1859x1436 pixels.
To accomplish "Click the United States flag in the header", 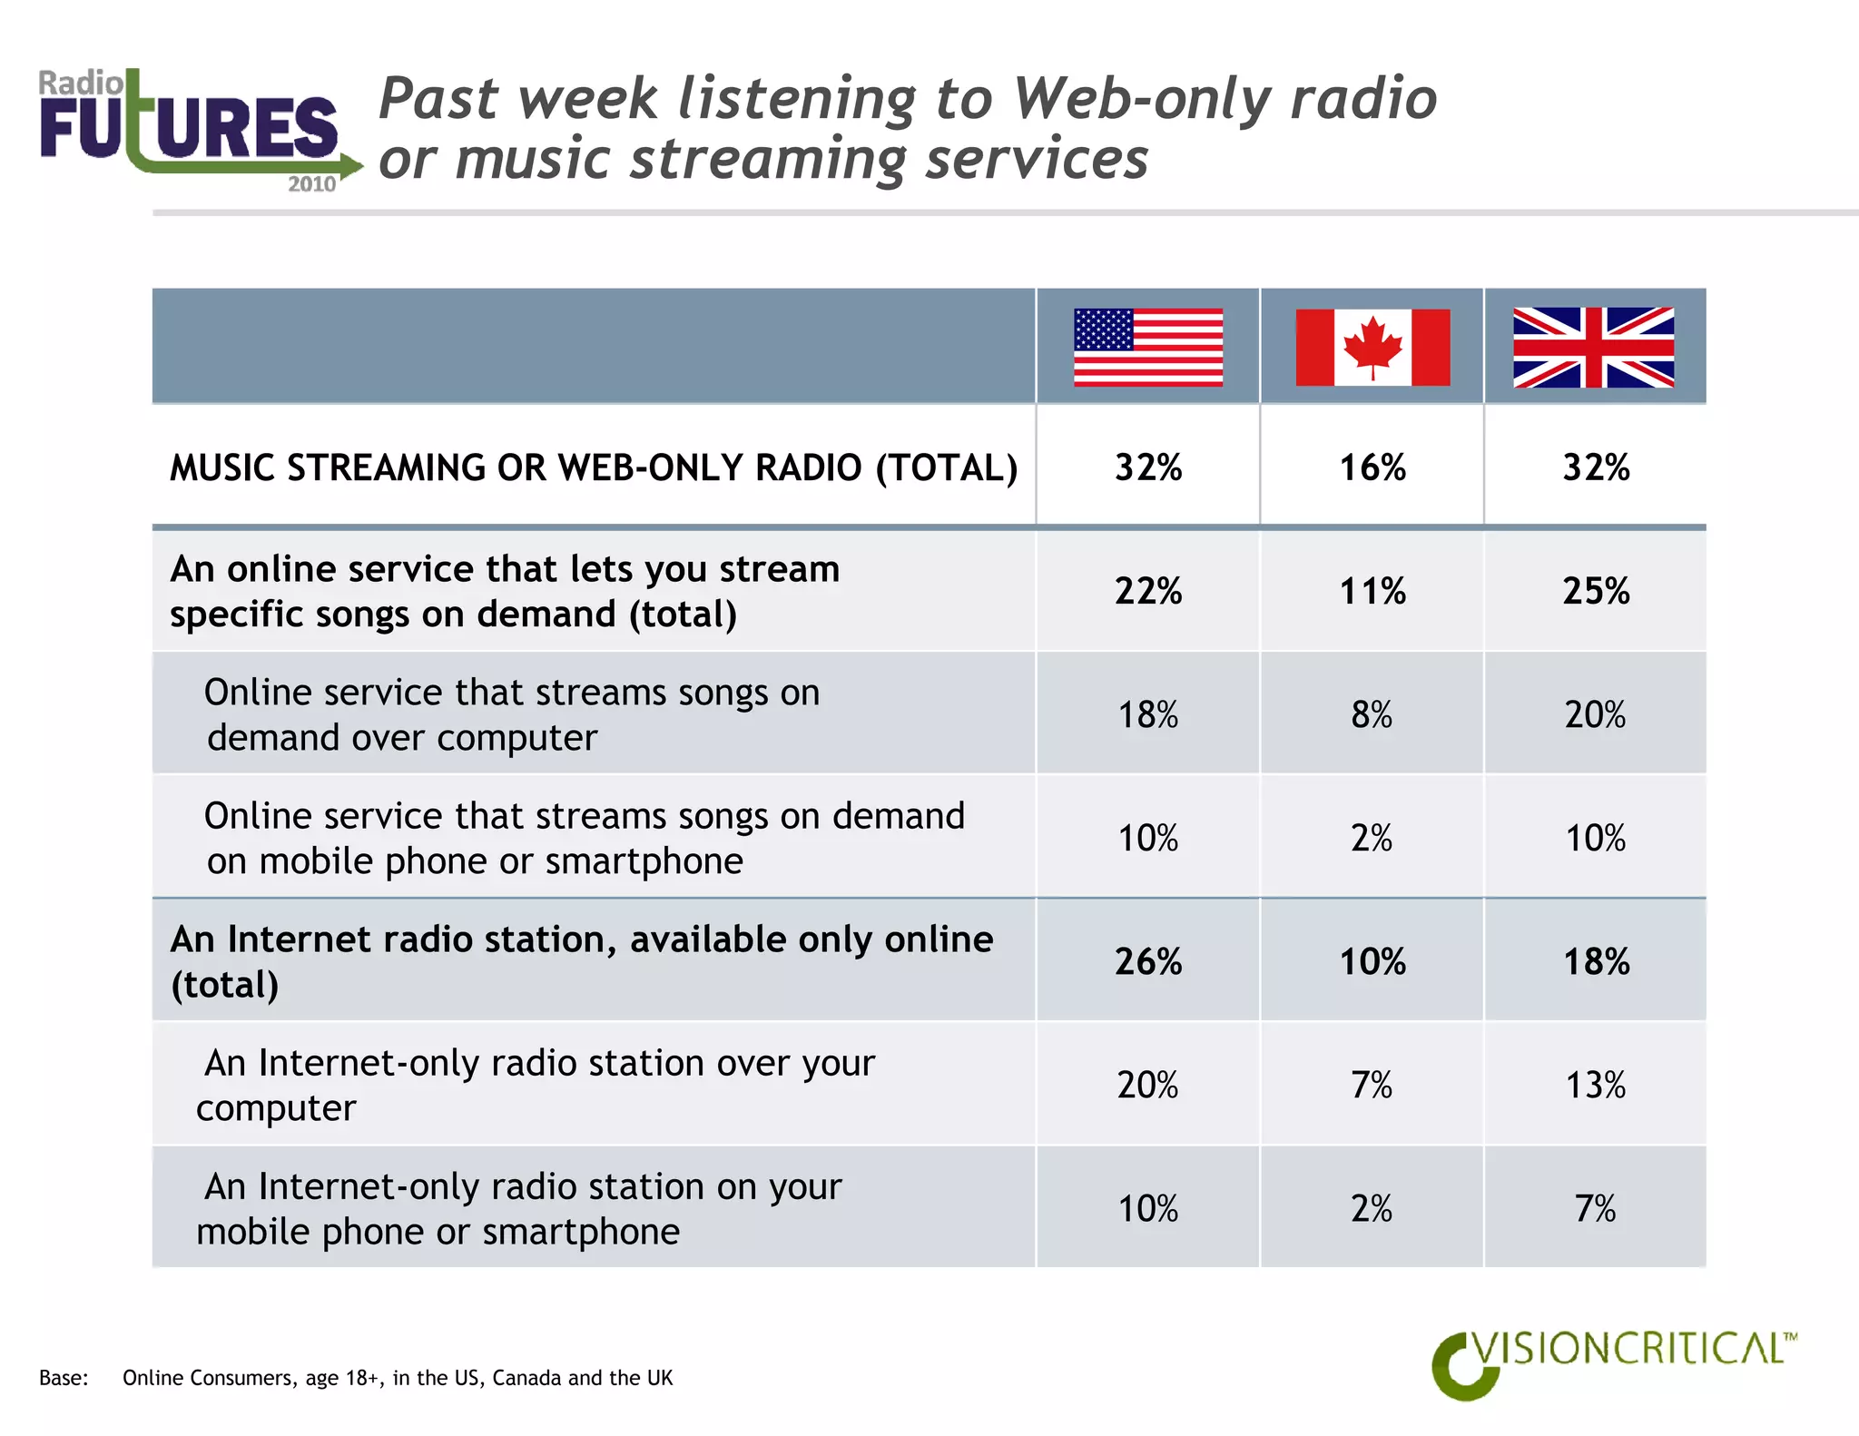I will pos(1147,348).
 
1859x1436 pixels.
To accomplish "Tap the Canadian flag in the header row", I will pos(1372,348).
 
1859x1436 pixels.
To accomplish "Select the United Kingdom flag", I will pos(1593,348).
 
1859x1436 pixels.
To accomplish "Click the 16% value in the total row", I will pos(1372,468).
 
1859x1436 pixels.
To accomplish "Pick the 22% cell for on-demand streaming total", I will pos(1148,592).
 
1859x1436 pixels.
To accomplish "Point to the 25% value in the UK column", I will pos(1596,592).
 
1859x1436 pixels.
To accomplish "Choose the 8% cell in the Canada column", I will pos(1372,715).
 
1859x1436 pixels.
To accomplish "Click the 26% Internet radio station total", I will pos(1148,962).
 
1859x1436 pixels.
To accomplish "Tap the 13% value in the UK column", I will pos(1596,1086).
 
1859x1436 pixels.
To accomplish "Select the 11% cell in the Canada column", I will pos(1372,592).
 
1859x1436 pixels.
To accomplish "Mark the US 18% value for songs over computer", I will pos(1148,715).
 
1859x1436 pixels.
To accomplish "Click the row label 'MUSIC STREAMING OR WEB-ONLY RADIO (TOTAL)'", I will pos(594,468).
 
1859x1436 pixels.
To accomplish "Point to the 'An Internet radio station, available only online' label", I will pos(581,940).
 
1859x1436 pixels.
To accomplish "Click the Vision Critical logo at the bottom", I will pos(1611,1362).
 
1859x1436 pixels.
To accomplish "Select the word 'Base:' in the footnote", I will pos(64,1378).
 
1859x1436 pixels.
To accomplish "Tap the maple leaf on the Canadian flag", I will pos(1372,346).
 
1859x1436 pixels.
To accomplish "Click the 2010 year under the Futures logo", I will pos(311,184).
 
